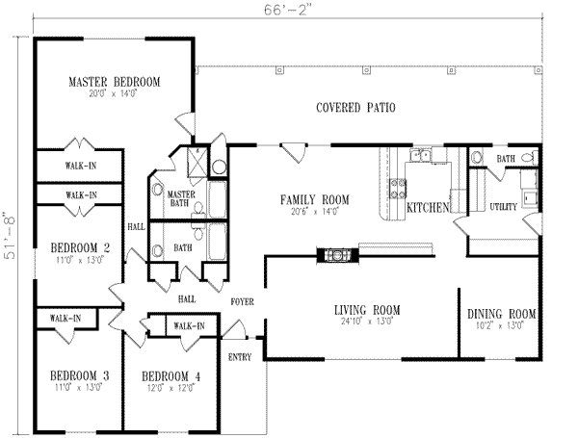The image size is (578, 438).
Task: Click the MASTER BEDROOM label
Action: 114,81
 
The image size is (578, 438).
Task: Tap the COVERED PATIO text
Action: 355,108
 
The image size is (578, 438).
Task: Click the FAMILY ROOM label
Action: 314,199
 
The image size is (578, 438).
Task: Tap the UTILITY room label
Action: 504,207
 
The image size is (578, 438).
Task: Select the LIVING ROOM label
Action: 367,309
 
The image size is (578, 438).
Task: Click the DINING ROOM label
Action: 501,314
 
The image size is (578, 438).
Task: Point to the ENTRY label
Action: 241,357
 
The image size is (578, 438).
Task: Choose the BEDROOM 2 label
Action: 80,248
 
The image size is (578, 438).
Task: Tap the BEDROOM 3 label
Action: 80,374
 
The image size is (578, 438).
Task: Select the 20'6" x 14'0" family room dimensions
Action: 314,211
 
